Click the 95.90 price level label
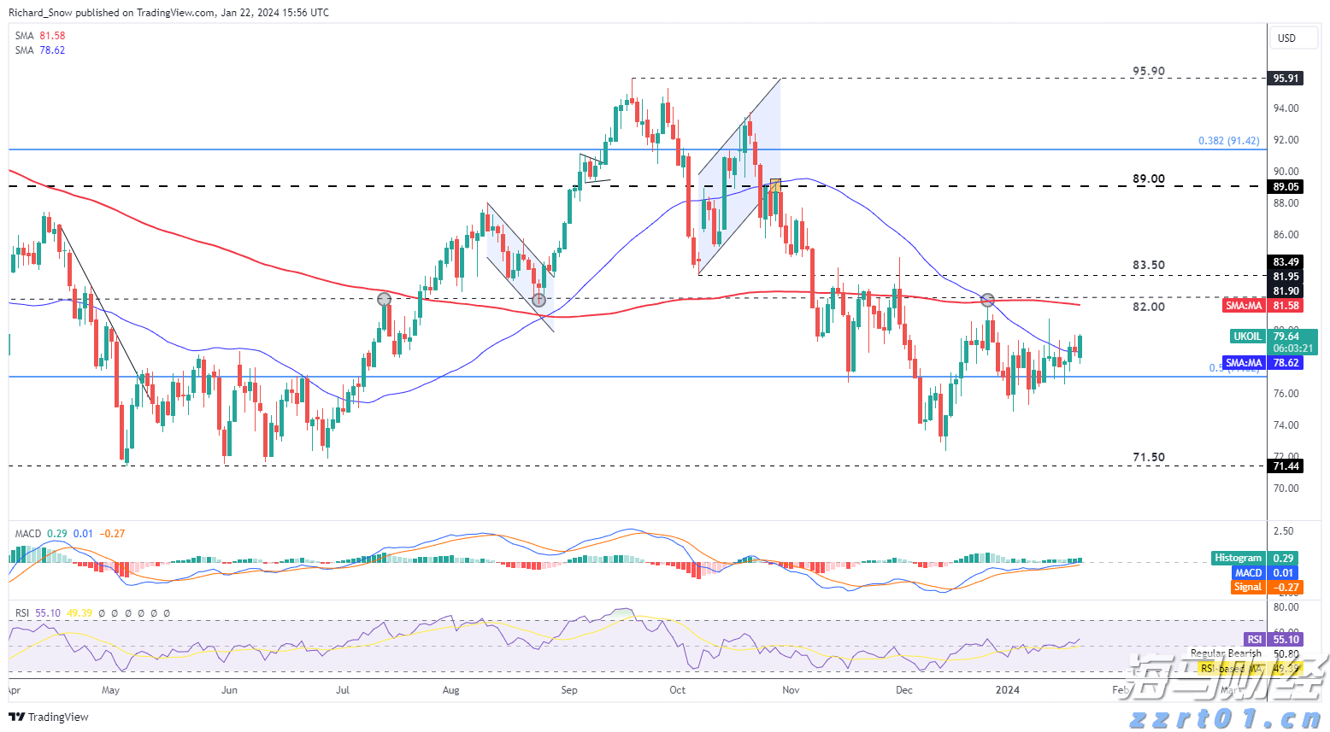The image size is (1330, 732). [1148, 72]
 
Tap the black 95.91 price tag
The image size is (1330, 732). [1286, 79]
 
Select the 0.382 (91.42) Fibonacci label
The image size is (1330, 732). [1228, 141]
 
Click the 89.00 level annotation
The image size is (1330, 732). [1148, 179]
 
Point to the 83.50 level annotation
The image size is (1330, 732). [1148, 266]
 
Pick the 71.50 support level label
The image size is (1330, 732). [1148, 458]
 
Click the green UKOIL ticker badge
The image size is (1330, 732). [1247, 337]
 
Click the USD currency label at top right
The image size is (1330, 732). [1286, 38]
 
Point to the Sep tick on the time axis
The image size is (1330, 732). [568, 690]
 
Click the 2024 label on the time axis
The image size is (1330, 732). [1007, 690]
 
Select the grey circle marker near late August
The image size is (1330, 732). [538, 300]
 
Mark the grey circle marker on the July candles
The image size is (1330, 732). [384, 299]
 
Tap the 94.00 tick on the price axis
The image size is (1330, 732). [1286, 108]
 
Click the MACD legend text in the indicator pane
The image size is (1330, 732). [28, 534]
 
